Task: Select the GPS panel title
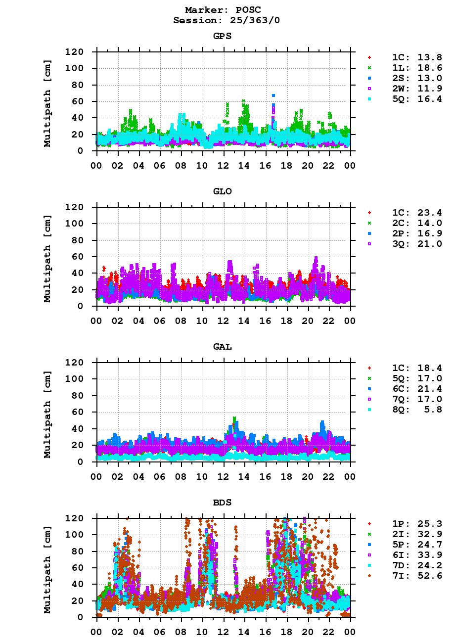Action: tap(222, 36)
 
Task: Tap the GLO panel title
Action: tap(222, 191)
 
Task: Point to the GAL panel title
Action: tap(222, 347)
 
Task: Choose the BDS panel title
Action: tap(222, 503)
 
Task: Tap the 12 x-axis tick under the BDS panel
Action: tap(223, 632)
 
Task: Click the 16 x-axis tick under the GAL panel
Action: tap(266, 476)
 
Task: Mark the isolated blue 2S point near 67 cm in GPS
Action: tap(273, 95)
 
